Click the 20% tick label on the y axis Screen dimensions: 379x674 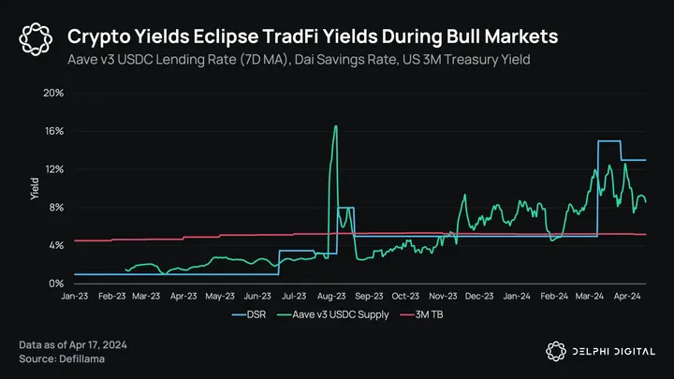(x=51, y=94)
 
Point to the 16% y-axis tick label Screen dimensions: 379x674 (x=51, y=131)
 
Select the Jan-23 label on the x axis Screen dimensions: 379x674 (x=77, y=296)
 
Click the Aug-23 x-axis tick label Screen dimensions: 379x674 (x=334, y=296)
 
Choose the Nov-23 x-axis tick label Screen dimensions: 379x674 (x=446, y=296)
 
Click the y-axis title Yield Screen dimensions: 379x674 (x=35, y=188)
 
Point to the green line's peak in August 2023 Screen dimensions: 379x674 (x=335, y=126)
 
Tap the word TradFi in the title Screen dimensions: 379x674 (x=329, y=36)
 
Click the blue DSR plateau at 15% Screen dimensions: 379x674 (x=608, y=141)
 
